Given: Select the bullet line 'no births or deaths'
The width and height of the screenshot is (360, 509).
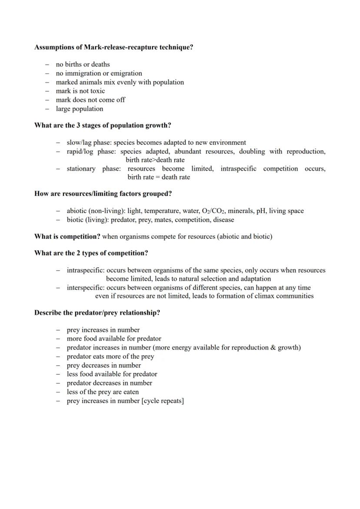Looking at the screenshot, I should pyautogui.click(x=83, y=64).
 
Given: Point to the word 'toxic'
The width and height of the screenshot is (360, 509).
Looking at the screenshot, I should pyautogui.click(x=97, y=91).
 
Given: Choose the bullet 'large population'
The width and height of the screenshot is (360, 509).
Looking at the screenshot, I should pyautogui.click(x=79, y=109).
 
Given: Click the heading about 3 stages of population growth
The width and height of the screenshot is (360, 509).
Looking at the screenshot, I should pyautogui.click(x=103, y=125).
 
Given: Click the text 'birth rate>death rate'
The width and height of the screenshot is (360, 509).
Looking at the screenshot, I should pyautogui.click(x=155, y=160).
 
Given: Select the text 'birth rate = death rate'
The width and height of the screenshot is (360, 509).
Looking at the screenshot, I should pyautogui.click(x=159, y=177).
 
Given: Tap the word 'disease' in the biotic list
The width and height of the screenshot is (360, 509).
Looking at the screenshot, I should pyautogui.click(x=223, y=220).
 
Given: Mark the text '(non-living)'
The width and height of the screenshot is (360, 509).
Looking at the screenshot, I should pyautogui.click(x=107, y=211).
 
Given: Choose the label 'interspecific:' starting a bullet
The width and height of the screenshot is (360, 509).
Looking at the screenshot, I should pyautogui.click(x=86, y=288).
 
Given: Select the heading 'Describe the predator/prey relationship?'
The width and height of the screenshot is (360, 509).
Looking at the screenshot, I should pyautogui.click(x=97, y=313).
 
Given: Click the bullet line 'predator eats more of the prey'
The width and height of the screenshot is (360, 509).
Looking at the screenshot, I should pyautogui.click(x=110, y=356).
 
